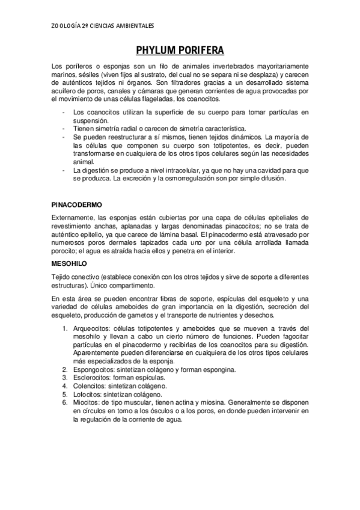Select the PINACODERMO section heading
[x=77, y=204]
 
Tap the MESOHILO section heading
[x=70, y=263]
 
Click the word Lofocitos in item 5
[x=88, y=394]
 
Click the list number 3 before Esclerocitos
[x=64, y=377]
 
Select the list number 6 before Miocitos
[x=64, y=402]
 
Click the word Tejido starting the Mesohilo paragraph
[x=60, y=276]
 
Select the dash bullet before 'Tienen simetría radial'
[x=64, y=128]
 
